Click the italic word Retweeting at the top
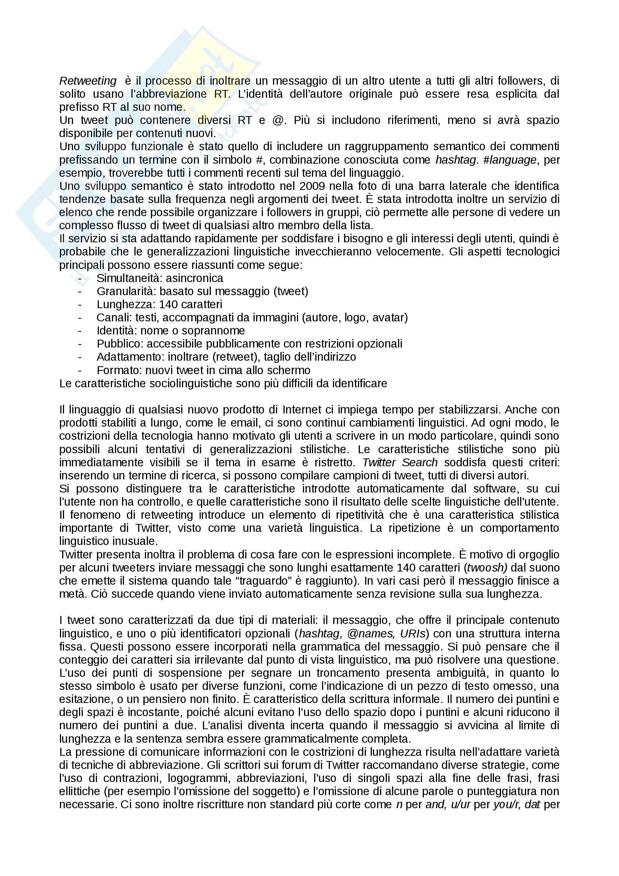coord(88,81)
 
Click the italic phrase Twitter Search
coord(400,463)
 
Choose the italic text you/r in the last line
coord(507,804)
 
